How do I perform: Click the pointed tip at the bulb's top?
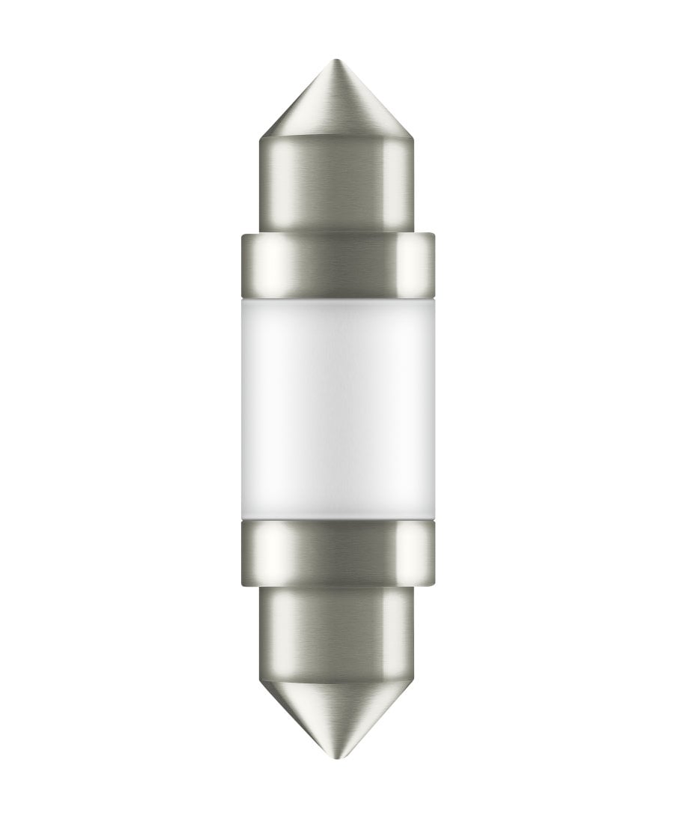337,61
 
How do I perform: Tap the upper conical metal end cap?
337,105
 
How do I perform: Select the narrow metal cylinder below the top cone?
337,184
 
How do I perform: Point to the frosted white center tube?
337,408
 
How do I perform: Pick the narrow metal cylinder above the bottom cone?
337,629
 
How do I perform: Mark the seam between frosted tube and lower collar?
337,519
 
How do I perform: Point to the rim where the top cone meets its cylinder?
337,139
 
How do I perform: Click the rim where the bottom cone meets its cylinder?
337,677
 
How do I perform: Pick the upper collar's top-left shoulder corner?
243,235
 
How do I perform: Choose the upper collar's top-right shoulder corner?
433,235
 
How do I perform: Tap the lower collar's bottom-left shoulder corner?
243,585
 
